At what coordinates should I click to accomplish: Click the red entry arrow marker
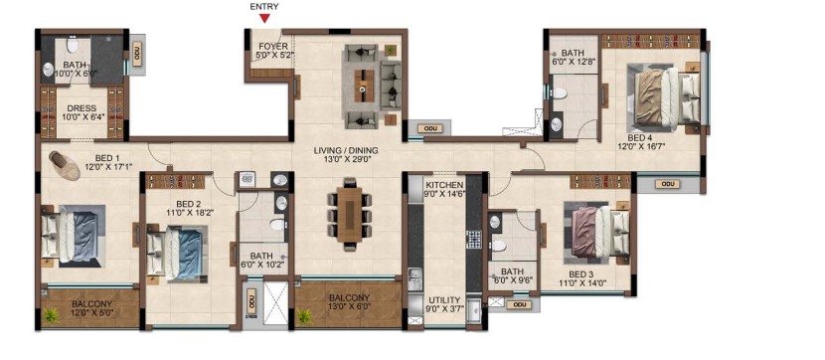click(265, 19)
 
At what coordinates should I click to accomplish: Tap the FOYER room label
click(272, 47)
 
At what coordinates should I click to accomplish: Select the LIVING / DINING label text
click(346, 150)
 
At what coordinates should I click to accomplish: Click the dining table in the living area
click(349, 215)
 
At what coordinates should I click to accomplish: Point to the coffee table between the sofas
click(364, 86)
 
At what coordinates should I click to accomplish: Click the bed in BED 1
click(73, 237)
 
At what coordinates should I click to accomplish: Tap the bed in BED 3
click(597, 232)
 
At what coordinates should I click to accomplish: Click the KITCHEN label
click(444, 185)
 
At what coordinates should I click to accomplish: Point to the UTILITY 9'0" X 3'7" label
click(445, 304)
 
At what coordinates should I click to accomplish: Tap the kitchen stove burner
click(474, 240)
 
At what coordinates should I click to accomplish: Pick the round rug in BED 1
click(65, 165)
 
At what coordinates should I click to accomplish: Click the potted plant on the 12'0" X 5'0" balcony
click(51, 315)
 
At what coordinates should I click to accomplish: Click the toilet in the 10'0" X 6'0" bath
click(73, 47)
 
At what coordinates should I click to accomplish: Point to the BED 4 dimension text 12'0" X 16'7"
click(642, 147)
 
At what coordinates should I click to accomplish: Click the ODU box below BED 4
click(667, 184)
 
